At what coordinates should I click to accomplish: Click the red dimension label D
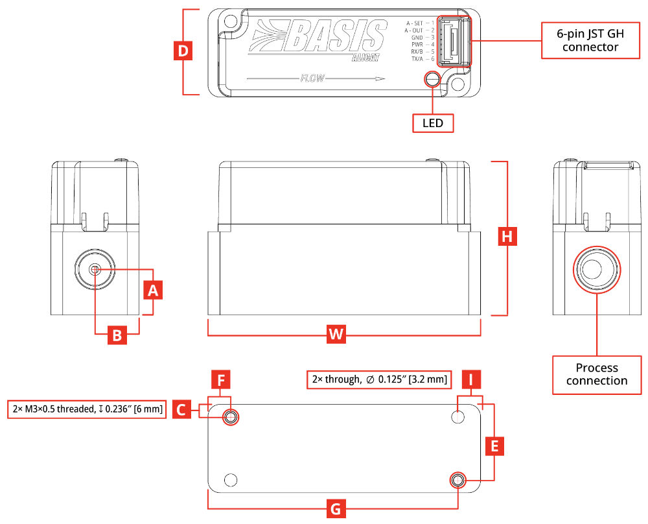pyautogui.click(x=183, y=51)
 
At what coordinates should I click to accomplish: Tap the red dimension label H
pyautogui.click(x=507, y=236)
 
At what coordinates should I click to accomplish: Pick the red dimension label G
pyautogui.click(x=336, y=508)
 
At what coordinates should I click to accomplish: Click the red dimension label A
pyautogui.click(x=153, y=290)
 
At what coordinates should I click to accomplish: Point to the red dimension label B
pyautogui.click(x=117, y=335)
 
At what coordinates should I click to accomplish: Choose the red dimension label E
pyautogui.click(x=494, y=446)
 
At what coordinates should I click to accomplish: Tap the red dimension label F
pyautogui.click(x=221, y=379)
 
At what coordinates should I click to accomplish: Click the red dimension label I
pyautogui.click(x=472, y=379)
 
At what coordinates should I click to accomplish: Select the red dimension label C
pyautogui.click(x=181, y=409)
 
